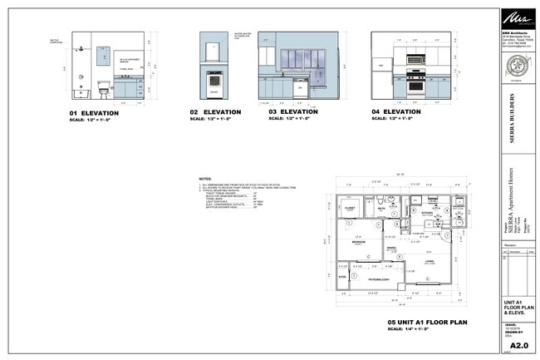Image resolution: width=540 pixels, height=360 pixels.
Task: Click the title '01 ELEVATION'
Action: [98, 112]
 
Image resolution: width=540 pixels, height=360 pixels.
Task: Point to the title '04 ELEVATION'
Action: [396, 111]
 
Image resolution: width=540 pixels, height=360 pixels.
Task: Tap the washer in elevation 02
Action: [214, 83]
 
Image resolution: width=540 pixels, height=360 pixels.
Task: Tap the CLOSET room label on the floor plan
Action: [351, 209]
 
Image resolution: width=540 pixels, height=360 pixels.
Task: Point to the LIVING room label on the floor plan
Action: [430, 262]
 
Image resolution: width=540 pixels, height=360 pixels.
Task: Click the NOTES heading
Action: [206, 179]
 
